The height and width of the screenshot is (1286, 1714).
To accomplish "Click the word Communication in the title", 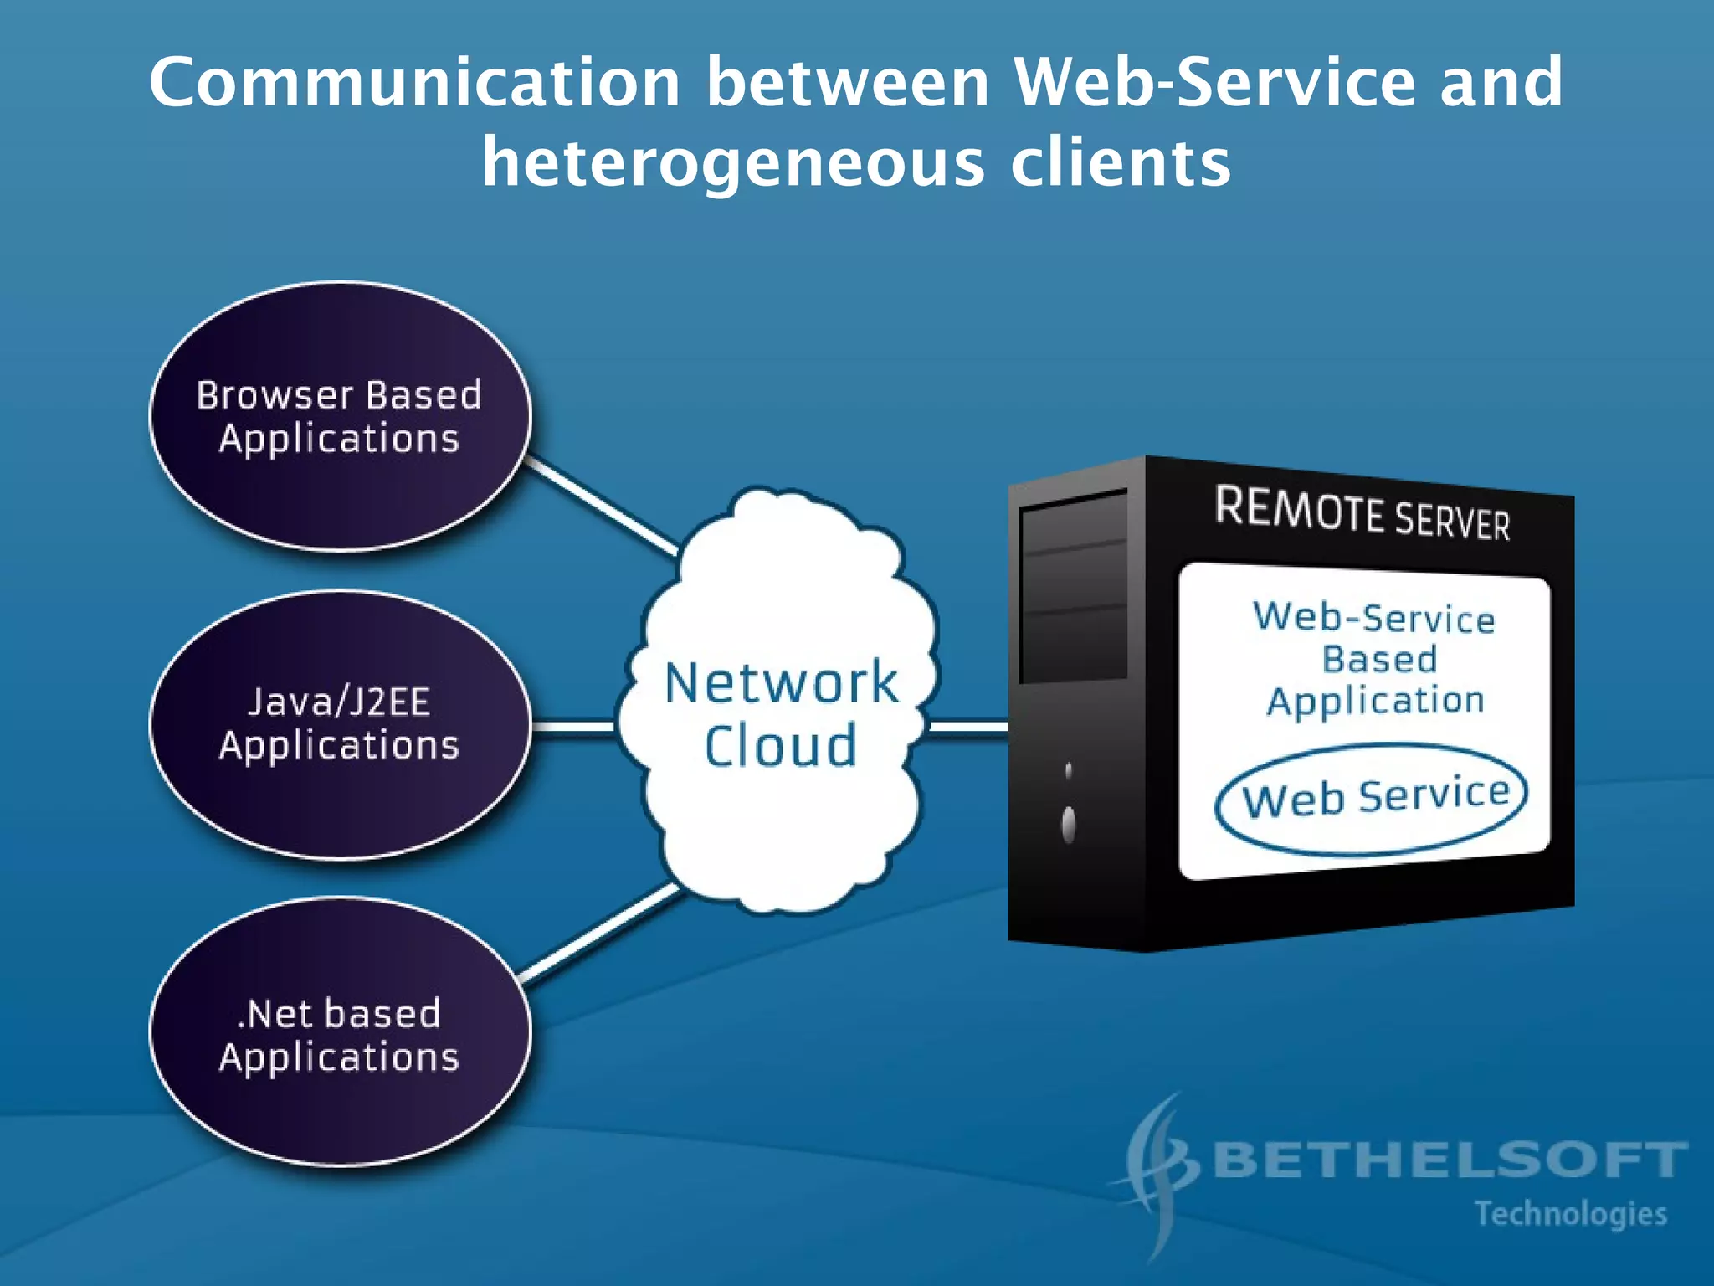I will point(414,82).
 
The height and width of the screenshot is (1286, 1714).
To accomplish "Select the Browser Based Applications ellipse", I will point(340,417).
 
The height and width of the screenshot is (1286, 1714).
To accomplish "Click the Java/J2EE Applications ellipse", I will point(340,724).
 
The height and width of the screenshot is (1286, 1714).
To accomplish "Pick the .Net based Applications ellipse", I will point(340,1032).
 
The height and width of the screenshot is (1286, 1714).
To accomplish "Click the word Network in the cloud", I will point(780,682).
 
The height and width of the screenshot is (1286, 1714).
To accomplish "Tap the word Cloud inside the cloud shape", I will point(780,746).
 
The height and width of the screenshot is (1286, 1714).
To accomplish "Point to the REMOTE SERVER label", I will point(1362,513).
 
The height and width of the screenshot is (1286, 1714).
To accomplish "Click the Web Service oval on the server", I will point(1373,797).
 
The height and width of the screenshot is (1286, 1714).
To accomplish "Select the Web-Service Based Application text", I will point(1374,658).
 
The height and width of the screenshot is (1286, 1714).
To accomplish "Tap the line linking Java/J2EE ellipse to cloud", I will point(574,726).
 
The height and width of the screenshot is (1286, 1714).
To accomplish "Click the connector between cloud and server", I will point(967,726).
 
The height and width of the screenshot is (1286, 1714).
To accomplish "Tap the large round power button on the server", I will point(1069,825).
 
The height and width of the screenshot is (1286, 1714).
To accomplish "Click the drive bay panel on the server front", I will point(1074,586).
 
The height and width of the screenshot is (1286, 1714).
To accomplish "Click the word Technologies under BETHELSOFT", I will point(1570,1214).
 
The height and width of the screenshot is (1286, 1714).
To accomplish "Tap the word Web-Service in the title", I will point(1214,82).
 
